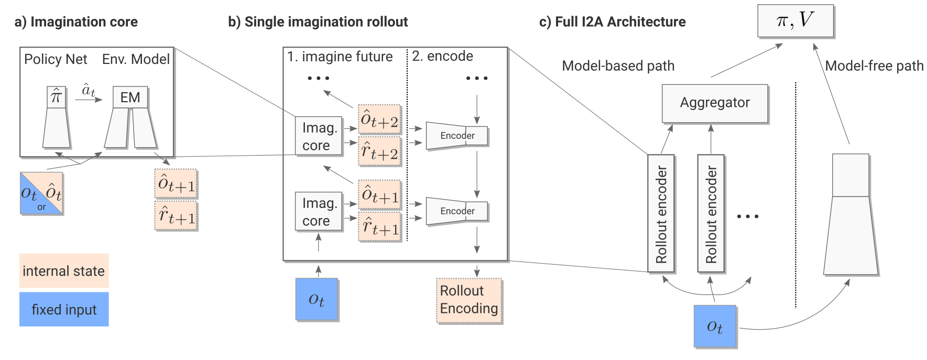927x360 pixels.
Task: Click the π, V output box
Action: tap(795, 21)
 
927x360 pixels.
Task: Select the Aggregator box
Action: tap(715, 103)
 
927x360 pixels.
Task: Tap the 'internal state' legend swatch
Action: tap(64, 271)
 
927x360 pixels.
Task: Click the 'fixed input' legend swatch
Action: tap(64, 309)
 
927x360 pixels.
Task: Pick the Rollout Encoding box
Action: tap(469, 300)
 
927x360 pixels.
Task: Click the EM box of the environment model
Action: tap(130, 97)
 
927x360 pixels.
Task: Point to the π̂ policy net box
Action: tap(56, 97)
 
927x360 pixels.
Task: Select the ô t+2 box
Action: tap(379, 120)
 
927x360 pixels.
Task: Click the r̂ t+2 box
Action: tap(379, 151)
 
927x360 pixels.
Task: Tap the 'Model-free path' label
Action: tap(874, 66)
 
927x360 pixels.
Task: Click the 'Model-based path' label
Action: tap(618, 66)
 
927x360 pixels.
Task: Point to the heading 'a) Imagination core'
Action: tap(76, 22)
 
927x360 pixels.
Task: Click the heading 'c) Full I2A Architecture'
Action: tap(612, 22)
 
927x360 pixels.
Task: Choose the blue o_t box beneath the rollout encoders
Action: tap(715, 326)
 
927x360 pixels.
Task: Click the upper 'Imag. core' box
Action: tap(319, 136)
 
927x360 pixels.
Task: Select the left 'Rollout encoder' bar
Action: tap(661, 213)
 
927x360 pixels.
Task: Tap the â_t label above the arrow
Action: tap(89, 90)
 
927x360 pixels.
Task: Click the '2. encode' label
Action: tap(442, 56)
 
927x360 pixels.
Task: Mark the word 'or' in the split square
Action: tap(41, 208)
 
